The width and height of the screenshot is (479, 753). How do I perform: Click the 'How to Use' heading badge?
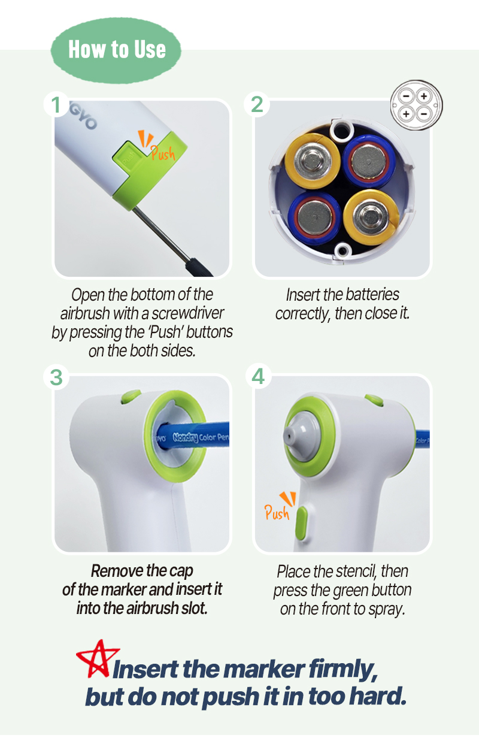pyautogui.click(x=116, y=50)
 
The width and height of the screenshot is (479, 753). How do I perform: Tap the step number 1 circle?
pyautogui.click(x=56, y=104)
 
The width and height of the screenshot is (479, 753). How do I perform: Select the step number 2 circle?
pyautogui.click(x=257, y=104)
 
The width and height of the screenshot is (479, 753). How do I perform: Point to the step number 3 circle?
pyautogui.click(x=56, y=377)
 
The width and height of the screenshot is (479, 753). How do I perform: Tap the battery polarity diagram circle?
pyautogui.click(x=416, y=105)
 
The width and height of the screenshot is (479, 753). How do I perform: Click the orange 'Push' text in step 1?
pyautogui.click(x=163, y=153)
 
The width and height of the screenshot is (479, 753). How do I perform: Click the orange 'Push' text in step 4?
pyautogui.click(x=277, y=513)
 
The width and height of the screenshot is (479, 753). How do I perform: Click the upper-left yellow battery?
pyautogui.click(x=313, y=161)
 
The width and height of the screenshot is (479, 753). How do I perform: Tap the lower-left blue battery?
pyautogui.click(x=314, y=217)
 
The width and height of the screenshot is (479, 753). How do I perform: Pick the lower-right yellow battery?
pyautogui.click(x=371, y=217)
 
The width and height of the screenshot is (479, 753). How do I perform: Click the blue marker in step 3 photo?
pyautogui.click(x=193, y=437)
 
